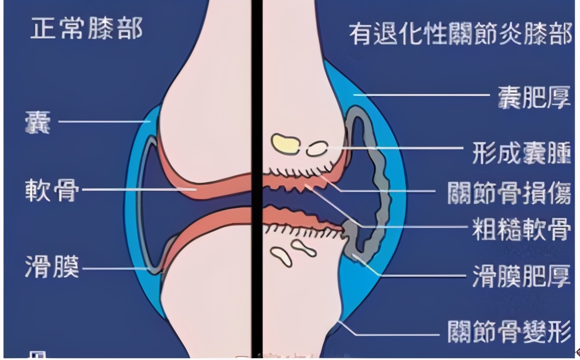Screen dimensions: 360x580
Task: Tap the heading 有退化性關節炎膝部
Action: click(x=460, y=34)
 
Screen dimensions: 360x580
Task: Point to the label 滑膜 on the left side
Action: click(x=52, y=267)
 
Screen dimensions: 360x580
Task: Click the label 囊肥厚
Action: click(x=534, y=97)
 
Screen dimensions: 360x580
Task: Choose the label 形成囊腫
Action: click(x=521, y=152)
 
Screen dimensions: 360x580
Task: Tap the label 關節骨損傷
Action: click(x=509, y=192)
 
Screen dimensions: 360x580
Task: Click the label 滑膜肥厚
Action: click(x=521, y=276)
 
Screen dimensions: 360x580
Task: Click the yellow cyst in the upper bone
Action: click(x=285, y=144)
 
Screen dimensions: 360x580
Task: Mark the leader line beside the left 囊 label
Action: click(x=103, y=121)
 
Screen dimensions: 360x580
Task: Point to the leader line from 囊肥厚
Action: click(x=422, y=95)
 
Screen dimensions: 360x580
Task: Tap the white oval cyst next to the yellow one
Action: click(x=317, y=149)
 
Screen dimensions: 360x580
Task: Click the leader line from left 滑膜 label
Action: click(x=116, y=269)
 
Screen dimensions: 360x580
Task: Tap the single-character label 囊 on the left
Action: click(x=37, y=122)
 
